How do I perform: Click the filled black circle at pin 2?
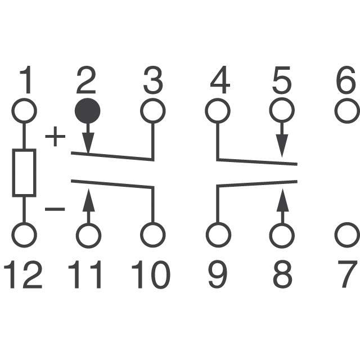point(88,111)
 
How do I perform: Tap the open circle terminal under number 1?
point(24,111)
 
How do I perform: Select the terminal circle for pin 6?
point(347,111)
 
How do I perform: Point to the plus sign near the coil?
point(55,136)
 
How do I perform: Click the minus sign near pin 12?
point(55,209)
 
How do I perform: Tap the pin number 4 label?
point(220,80)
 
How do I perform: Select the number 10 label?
point(151,274)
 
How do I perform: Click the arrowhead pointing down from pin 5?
point(282,146)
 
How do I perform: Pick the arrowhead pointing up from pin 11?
point(89,200)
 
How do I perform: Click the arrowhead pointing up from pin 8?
point(282,200)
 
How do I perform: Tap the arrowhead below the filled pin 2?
point(88,143)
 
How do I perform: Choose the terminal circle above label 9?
point(218,235)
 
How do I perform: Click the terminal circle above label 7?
point(347,235)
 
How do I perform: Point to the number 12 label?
point(23,274)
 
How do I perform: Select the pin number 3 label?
point(153,80)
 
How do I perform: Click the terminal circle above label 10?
point(153,235)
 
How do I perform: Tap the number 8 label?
point(282,274)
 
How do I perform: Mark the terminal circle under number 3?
point(153,111)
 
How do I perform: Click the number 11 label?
point(84,274)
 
